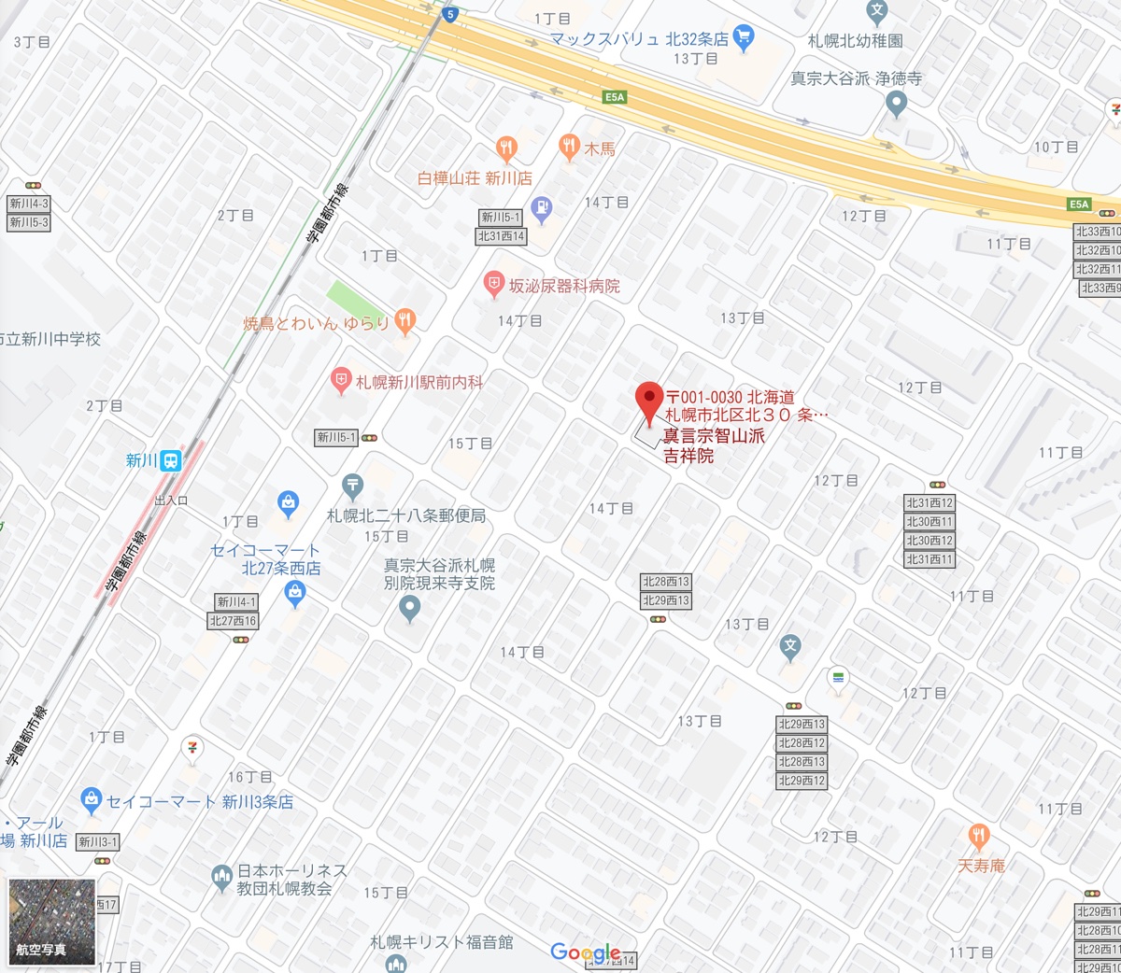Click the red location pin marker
pos(649,402)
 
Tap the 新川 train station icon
pos(170,460)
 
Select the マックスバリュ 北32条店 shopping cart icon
pos(744,38)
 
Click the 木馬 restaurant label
pos(600,148)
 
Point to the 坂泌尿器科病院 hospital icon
pos(494,284)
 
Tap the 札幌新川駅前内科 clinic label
pos(419,382)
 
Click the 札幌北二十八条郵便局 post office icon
pos(352,485)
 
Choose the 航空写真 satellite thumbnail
pos(52,921)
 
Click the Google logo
pos(585,952)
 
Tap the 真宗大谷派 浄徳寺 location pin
pos(897,103)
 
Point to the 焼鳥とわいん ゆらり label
pos(316,324)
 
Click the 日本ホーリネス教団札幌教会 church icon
pos(221,877)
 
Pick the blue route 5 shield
pos(451,14)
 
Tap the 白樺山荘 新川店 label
pos(475,177)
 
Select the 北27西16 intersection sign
pos(234,621)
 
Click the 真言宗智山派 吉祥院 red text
pos(714,445)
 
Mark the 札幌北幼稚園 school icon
pos(876,12)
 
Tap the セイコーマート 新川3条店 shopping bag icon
pos(91,799)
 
